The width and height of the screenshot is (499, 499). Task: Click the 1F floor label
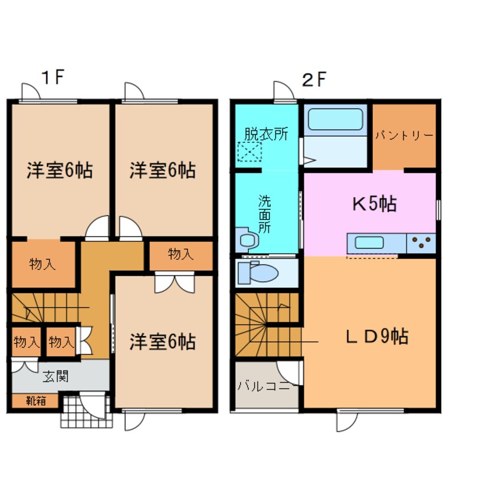click(52, 78)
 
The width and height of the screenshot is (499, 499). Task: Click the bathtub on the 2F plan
click(334, 119)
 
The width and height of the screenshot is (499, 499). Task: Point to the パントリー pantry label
click(404, 136)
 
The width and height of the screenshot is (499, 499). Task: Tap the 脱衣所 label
click(265, 133)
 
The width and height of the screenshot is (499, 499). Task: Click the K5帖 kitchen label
click(374, 205)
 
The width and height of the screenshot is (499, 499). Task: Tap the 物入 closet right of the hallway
click(180, 255)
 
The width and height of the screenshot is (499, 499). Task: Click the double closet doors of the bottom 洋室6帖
click(174, 283)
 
